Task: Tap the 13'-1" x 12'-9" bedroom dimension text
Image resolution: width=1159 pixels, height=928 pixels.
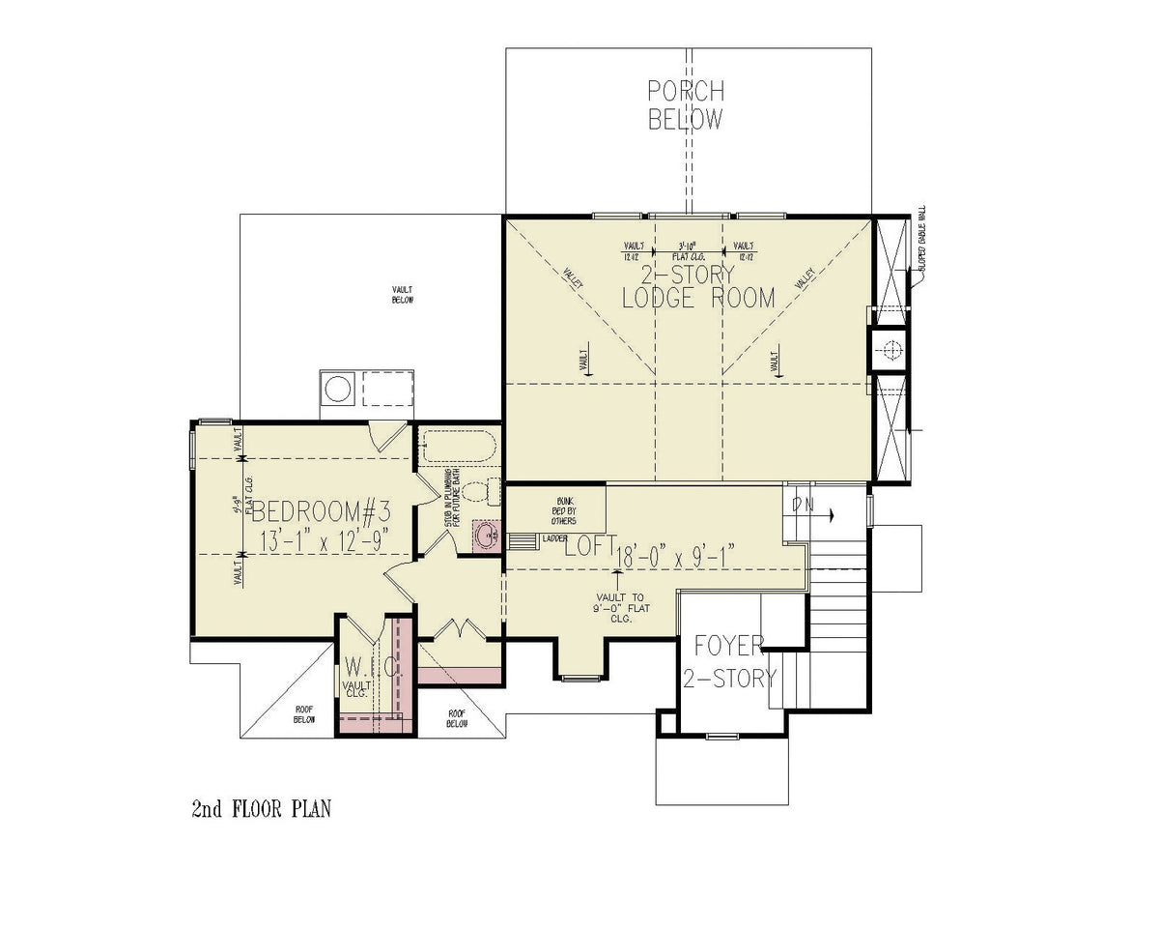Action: click(324, 539)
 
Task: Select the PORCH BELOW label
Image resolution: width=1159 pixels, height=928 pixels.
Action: click(685, 105)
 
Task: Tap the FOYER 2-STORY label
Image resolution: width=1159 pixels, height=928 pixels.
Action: click(729, 661)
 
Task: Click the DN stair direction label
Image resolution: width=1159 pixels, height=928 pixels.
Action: click(802, 504)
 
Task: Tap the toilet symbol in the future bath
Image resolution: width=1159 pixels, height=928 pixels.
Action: click(480, 490)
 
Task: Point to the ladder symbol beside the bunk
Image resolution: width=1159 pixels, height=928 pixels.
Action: click(523, 540)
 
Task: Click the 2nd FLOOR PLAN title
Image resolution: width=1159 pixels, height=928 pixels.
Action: click(261, 808)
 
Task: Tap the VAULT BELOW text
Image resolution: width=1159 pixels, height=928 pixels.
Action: click(403, 294)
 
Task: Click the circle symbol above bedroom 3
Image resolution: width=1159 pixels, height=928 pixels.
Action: click(337, 390)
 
